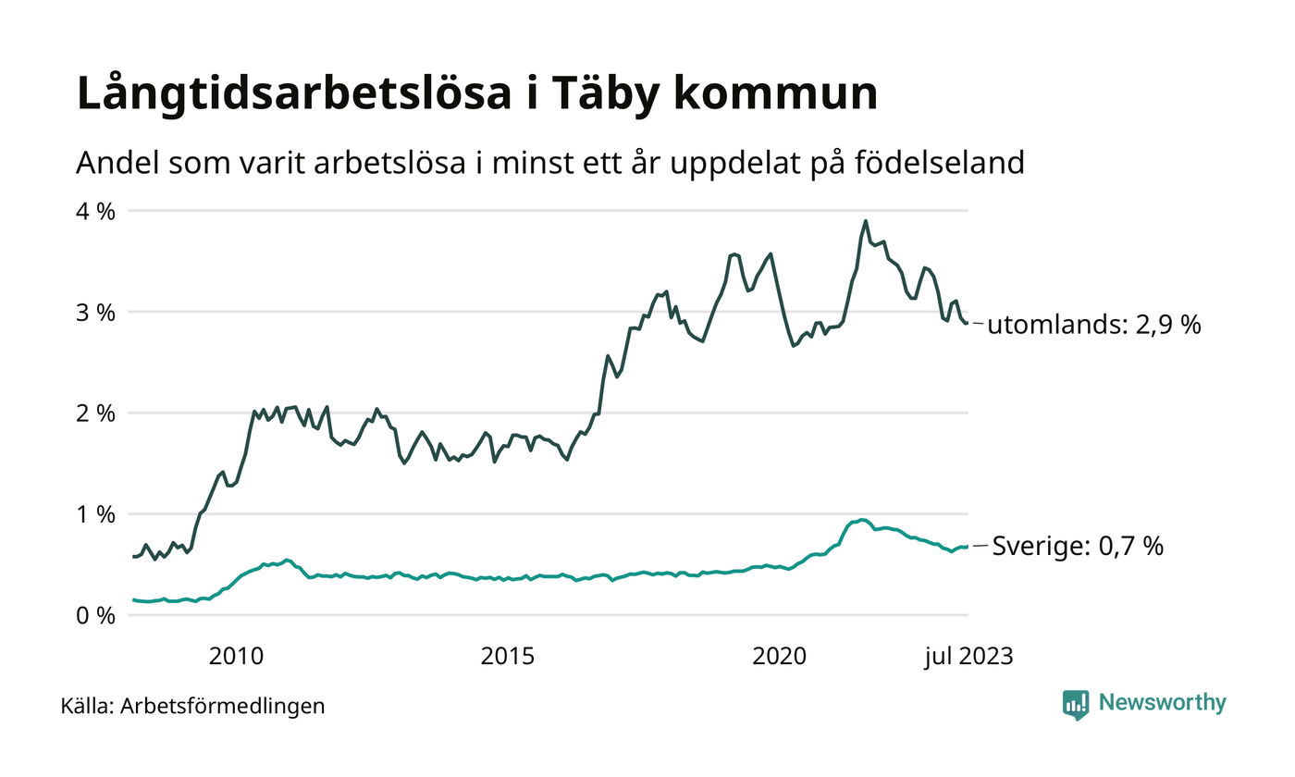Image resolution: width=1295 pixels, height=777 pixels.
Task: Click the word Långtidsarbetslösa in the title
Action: [292, 94]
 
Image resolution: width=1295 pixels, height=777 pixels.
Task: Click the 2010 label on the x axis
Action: [237, 657]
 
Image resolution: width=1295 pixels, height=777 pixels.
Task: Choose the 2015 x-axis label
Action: [508, 657]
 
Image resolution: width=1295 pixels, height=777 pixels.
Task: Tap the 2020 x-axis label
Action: [780, 657]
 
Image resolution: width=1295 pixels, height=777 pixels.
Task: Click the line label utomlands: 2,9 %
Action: [1094, 326]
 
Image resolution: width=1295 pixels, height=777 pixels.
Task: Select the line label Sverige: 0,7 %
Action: [1078, 547]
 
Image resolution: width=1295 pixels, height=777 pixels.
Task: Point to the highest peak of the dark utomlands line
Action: [866, 221]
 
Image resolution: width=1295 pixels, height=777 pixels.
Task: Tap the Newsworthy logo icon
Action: [1076, 705]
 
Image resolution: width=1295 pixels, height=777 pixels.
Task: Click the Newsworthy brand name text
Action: [1162, 703]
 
